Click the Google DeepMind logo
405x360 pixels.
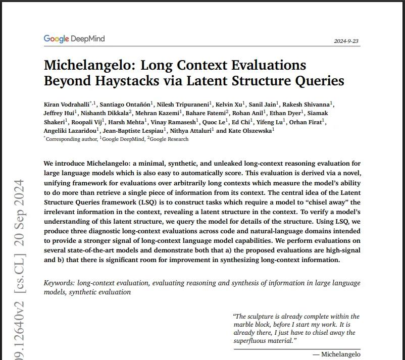click(x=74, y=39)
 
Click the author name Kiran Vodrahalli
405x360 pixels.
click(x=69, y=104)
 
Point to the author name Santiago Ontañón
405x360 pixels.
click(x=126, y=104)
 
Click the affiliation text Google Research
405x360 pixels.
click(x=169, y=139)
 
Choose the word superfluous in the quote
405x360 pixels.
click(x=253, y=341)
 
